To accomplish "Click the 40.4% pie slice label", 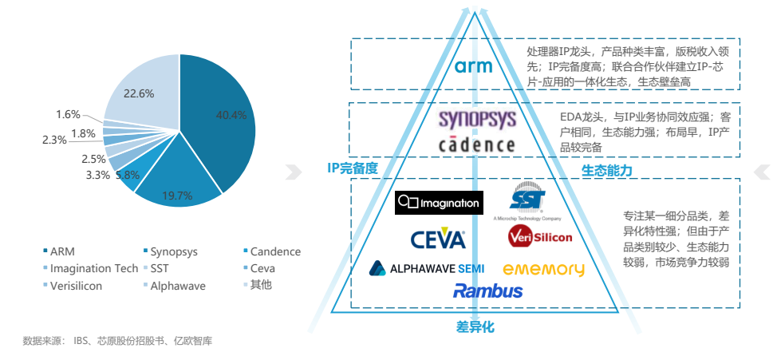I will pyautogui.click(x=232, y=115).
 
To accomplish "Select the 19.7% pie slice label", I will pyautogui.click(x=177, y=196).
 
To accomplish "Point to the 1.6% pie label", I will pyautogui.click(x=68, y=114).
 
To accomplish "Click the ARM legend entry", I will pyautogui.click(x=61, y=251).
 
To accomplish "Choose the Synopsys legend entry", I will pyautogui.click(x=172, y=251).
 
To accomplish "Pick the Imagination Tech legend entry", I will pyautogui.click(x=93, y=268).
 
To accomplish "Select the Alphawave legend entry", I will pyautogui.click(x=178, y=285).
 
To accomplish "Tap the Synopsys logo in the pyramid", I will pyautogui.click(x=477, y=121).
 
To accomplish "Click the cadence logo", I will pyautogui.click(x=477, y=144).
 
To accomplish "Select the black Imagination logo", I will pyautogui.click(x=439, y=203).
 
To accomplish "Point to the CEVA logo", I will pyautogui.click(x=438, y=238).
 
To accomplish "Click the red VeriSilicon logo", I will pyautogui.click(x=540, y=237).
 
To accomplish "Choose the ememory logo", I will pyautogui.click(x=543, y=270).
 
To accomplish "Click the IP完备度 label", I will pyautogui.click(x=352, y=168).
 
